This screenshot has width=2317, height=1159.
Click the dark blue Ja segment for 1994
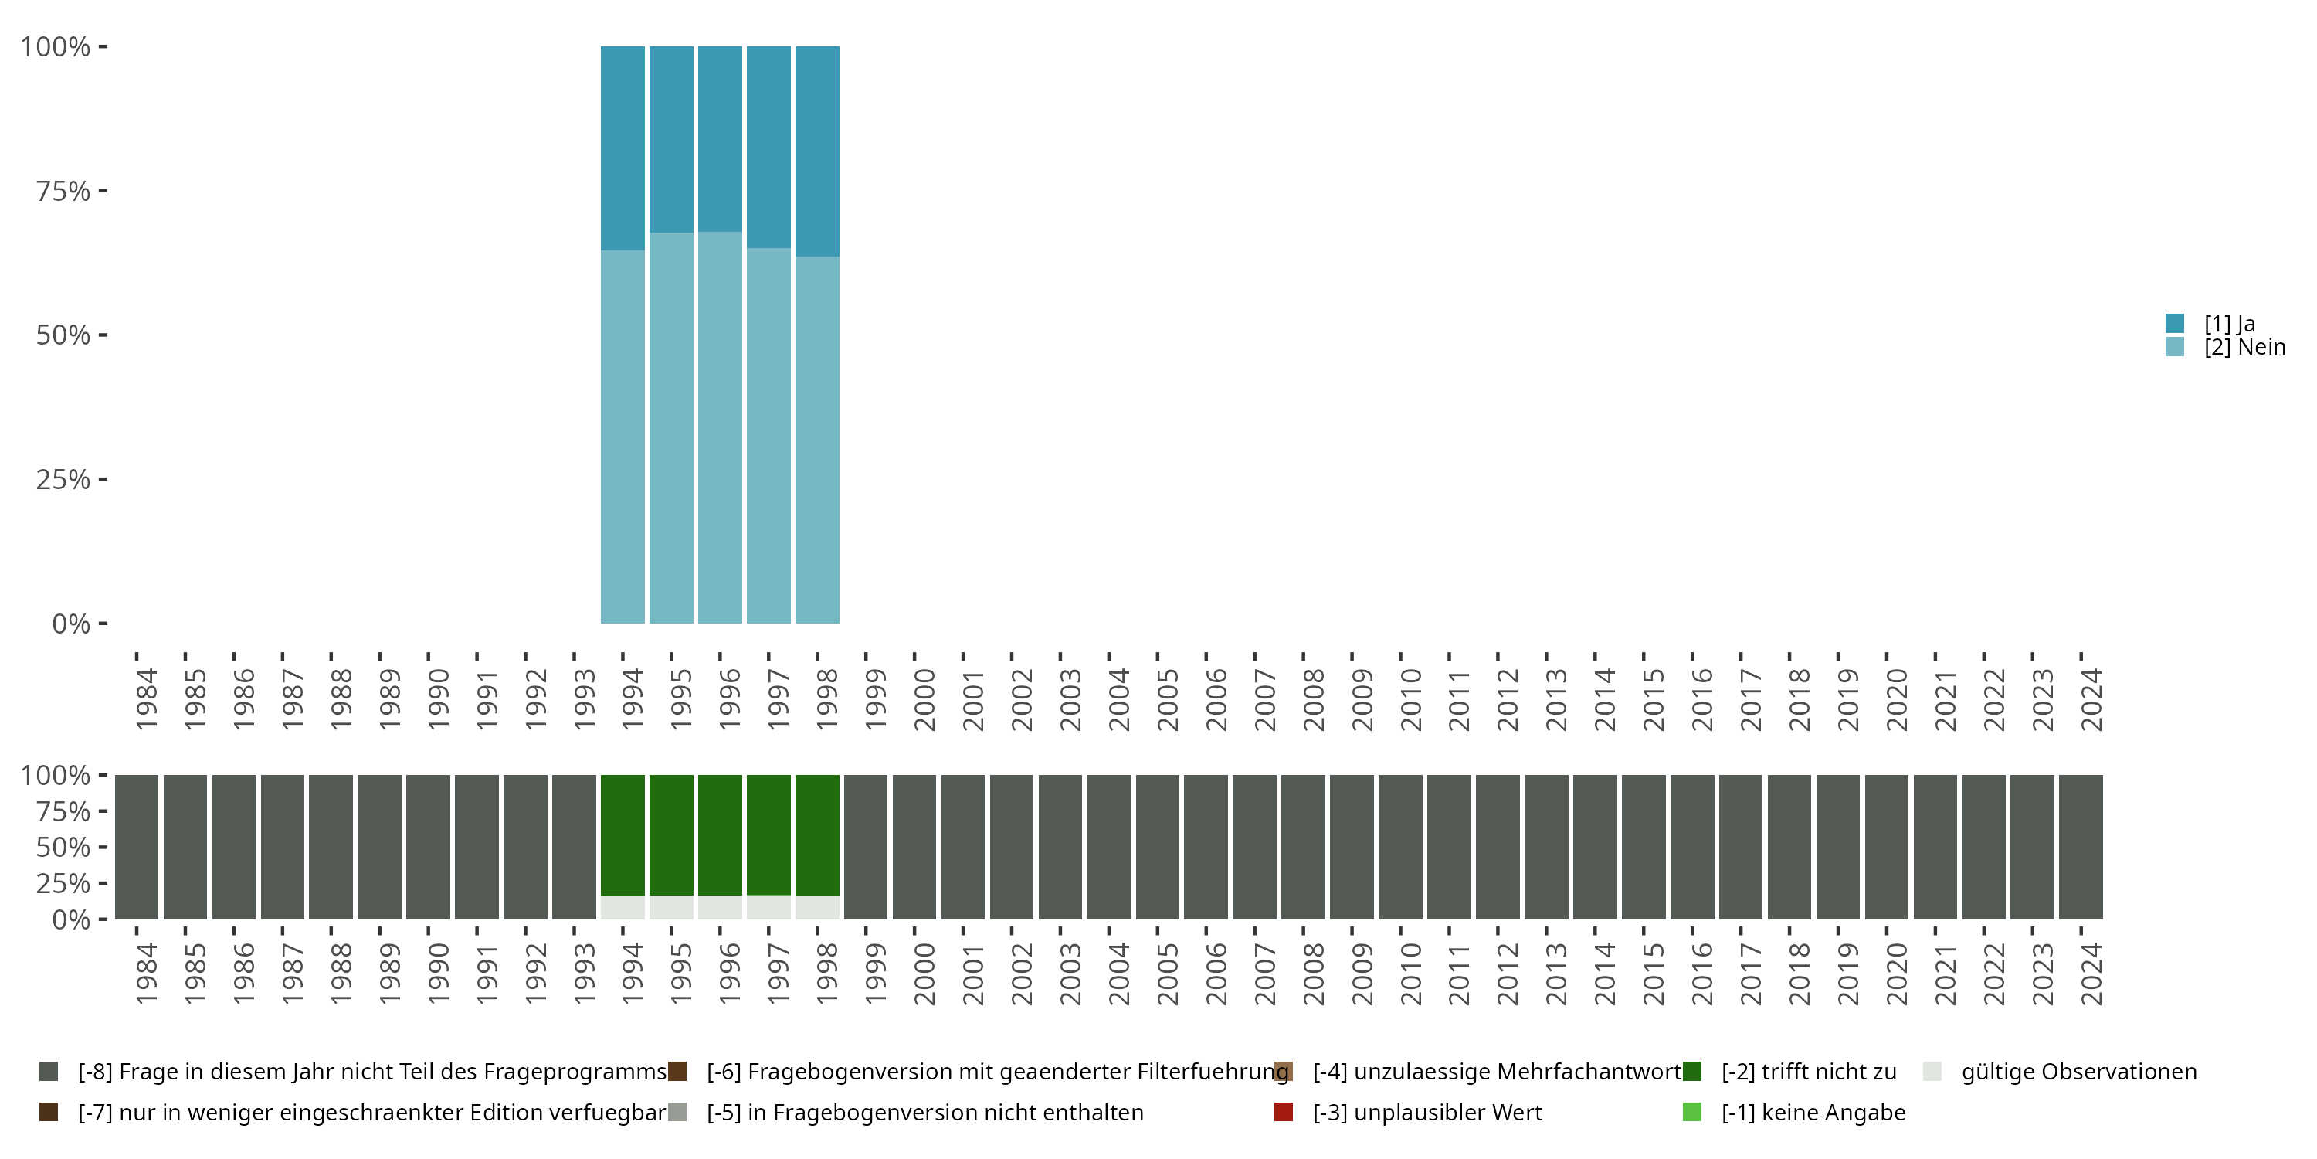pyautogui.click(x=623, y=148)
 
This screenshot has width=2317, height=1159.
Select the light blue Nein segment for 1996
pyautogui.click(x=720, y=427)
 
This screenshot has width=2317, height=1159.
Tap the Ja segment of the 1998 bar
pyautogui.click(x=816, y=151)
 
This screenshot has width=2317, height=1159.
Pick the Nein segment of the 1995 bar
pyautogui.click(x=671, y=427)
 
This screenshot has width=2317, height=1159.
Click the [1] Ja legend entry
pyautogui.click(x=2229, y=324)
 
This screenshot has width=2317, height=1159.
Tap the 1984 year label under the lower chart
pyautogui.click(x=147, y=974)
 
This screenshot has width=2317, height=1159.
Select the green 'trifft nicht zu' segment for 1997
pyautogui.click(x=768, y=834)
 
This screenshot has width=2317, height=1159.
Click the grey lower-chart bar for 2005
pyautogui.click(x=1157, y=847)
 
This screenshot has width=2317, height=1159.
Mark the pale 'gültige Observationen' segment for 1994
pyautogui.click(x=623, y=907)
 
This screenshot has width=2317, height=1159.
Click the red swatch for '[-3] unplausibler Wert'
pyautogui.click(x=1284, y=1112)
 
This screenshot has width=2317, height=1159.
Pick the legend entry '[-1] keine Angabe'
pyautogui.click(x=1813, y=1112)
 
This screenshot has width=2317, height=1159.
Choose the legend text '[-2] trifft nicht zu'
pyautogui.click(x=1808, y=1072)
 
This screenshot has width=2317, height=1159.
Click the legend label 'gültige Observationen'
pyautogui.click(x=2078, y=1072)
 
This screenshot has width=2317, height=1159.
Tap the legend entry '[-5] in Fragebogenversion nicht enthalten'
pyautogui.click(x=924, y=1112)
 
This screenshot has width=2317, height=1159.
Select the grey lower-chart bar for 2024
pyautogui.click(x=2081, y=847)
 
